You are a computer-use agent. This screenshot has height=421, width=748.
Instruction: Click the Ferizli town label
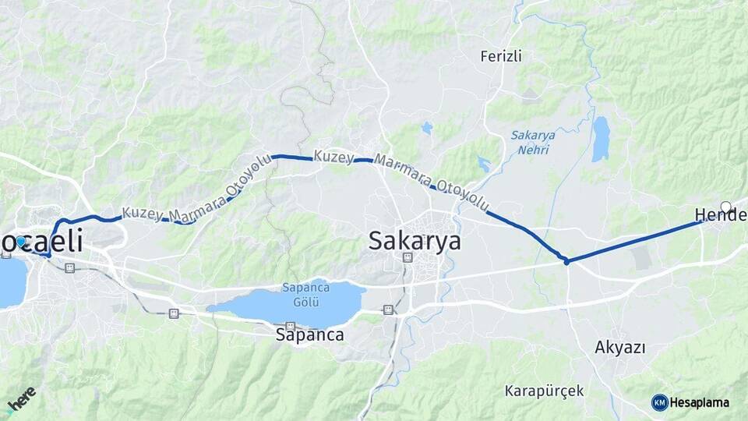click(x=501, y=56)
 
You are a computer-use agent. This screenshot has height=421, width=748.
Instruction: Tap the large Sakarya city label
click(x=415, y=240)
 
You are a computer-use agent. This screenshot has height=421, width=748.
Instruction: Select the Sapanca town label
click(x=310, y=335)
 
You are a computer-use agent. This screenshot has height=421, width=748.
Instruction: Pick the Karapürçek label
click(x=544, y=390)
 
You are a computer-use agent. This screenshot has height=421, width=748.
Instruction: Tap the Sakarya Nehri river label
click(x=533, y=141)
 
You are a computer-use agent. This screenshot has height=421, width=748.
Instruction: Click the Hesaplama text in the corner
click(x=699, y=402)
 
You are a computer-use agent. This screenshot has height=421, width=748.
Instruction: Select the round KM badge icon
click(x=659, y=402)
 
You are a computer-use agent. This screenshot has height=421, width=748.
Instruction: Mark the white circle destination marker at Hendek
click(x=726, y=207)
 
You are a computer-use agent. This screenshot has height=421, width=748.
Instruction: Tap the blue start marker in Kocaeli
click(x=21, y=242)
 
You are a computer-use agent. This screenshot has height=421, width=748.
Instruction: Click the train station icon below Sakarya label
click(x=406, y=257)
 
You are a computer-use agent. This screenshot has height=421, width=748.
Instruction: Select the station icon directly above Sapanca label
click(x=290, y=327)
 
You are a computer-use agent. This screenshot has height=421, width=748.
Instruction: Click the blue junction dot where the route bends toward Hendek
click(x=566, y=261)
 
